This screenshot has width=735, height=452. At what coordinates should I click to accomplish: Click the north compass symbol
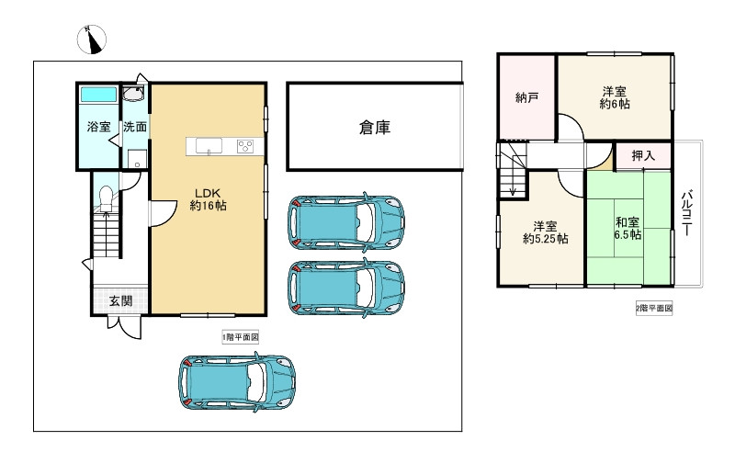point(91,40)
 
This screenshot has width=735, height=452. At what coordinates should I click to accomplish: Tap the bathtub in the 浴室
point(98,95)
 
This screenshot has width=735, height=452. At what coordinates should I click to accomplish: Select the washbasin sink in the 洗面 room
point(133,94)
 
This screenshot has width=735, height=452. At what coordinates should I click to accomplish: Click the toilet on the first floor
point(106,198)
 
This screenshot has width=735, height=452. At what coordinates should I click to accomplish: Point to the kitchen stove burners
point(245,146)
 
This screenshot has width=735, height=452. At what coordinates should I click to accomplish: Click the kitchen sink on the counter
point(209,146)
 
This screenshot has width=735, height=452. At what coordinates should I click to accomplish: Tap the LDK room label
point(209,199)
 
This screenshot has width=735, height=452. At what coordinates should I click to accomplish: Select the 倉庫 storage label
point(375,127)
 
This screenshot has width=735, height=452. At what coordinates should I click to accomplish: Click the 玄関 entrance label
point(120,301)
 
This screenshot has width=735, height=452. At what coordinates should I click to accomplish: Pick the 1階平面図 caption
point(241,337)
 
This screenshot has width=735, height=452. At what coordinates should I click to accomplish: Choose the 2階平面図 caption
point(654,309)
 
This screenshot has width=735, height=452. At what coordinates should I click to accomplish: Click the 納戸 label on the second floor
point(526,97)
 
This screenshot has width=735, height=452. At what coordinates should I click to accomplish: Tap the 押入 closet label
point(643,155)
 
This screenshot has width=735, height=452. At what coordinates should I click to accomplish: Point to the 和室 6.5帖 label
point(628,228)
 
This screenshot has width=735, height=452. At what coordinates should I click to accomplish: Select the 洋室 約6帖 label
point(615,97)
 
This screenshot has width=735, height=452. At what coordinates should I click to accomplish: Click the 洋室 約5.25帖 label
point(546,232)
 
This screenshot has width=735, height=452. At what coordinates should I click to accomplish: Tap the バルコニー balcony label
point(686,212)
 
